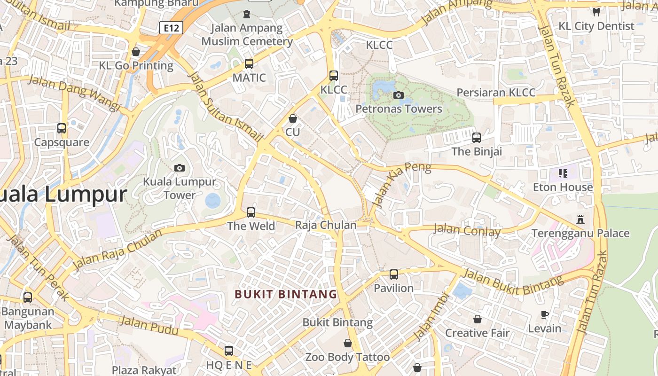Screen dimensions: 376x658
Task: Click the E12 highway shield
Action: [x=171, y=28]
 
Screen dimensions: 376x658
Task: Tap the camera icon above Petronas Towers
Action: [x=399, y=95]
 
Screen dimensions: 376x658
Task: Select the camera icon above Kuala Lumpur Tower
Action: [x=179, y=168]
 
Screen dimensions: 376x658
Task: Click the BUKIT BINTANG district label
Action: [x=286, y=294]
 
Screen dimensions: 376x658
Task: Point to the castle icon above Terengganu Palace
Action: [x=580, y=219]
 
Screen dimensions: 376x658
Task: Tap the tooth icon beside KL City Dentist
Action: [x=596, y=12]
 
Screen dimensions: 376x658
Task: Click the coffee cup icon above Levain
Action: [x=545, y=314]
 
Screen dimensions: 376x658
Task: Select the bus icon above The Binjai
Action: [x=477, y=138]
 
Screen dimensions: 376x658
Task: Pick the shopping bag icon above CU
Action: [x=293, y=118]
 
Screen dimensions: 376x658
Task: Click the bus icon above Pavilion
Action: [x=394, y=274]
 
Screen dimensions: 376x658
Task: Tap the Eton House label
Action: [x=563, y=187]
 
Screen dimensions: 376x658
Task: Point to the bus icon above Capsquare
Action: [x=62, y=128]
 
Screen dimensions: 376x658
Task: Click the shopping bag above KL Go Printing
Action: [x=136, y=52]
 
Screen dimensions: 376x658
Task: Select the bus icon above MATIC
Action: [x=249, y=63]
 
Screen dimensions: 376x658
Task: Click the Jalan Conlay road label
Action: [x=467, y=230]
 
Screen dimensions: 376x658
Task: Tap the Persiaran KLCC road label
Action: [x=496, y=93]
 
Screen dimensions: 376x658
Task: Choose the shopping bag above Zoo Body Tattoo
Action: [x=348, y=344]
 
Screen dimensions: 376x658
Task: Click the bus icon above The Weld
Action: [x=251, y=212]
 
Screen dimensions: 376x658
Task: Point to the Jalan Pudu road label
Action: [x=149, y=326]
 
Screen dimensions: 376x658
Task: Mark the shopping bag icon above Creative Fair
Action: [x=478, y=319]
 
